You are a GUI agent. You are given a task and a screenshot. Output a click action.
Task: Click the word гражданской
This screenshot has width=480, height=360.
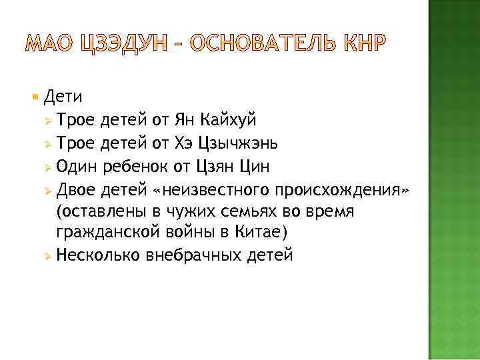100,233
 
